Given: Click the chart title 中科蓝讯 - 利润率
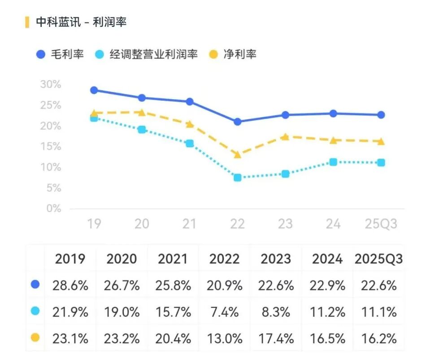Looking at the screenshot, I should [x=81, y=22].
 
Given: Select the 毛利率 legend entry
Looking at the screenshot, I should [x=60, y=55].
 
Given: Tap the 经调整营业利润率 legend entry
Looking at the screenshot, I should [x=147, y=55].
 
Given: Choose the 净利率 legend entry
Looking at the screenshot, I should [x=233, y=55].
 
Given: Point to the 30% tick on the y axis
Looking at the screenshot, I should [x=50, y=84].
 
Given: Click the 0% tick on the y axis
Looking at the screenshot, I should [x=53, y=209].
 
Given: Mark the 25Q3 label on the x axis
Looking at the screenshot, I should [x=381, y=224].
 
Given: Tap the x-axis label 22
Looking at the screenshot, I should [x=237, y=224].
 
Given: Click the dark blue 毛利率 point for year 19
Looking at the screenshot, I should [x=94, y=90].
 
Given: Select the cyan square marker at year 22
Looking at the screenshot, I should [x=238, y=178].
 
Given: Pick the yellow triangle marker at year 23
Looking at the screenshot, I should [x=285, y=136].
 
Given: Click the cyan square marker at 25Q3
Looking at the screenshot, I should [x=381, y=162].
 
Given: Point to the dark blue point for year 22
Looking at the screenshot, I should [x=238, y=122].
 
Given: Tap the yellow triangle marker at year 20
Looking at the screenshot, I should [x=142, y=112].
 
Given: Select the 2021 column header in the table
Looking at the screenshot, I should [x=173, y=259].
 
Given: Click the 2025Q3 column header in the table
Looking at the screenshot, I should [x=378, y=259].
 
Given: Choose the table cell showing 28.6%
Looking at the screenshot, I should [x=70, y=285].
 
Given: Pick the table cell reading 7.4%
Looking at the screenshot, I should [x=224, y=312].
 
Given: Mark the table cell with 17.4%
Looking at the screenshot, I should [x=276, y=338].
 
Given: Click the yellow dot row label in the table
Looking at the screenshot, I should [x=35, y=338].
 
